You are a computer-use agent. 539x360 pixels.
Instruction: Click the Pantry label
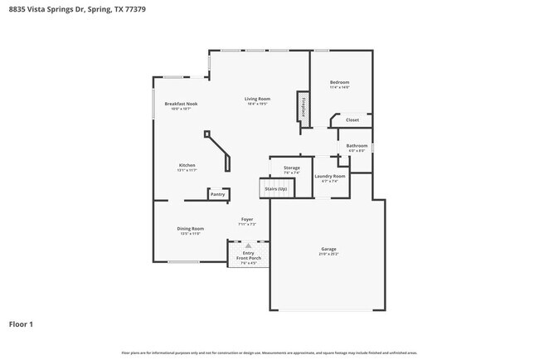point(217,194)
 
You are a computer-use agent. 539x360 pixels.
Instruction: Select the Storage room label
point(292,169)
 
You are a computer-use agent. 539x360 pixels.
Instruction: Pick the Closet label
point(352,120)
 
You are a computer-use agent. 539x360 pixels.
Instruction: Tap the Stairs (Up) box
point(275,189)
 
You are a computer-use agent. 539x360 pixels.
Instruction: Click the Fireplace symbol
point(303,109)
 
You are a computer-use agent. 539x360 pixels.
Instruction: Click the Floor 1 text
point(21,324)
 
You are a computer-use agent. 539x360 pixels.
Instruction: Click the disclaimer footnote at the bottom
point(269,353)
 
